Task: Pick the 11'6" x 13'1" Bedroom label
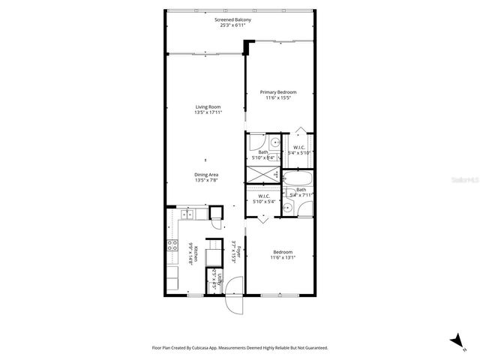282,255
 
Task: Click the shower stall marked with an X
262,174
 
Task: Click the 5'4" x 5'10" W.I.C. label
298,149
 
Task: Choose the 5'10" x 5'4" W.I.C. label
262,199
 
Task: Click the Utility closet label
215,277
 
